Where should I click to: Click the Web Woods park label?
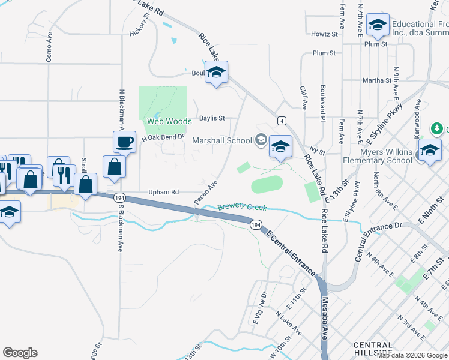[x=169, y=121]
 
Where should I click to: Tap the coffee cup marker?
[x=124, y=142]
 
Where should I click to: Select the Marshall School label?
[x=221, y=140]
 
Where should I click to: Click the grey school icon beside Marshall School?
[x=261, y=140]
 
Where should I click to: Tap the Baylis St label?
[x=212, y=118]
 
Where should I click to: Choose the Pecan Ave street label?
[x=205, y=192]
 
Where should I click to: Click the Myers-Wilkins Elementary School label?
[x=377, y=156]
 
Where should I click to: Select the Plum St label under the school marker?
[x=376, y=44]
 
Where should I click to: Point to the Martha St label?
[x=376, y=80]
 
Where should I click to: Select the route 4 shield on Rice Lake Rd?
[x=281, y=120]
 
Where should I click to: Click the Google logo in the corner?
[x=20, y=353]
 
